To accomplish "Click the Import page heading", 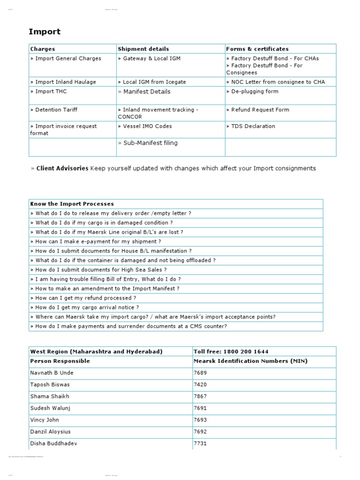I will [x=45, y=32].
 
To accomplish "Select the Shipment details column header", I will [x=143, y=49].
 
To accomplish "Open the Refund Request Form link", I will [x=260, y=110].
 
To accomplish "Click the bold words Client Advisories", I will [x=62, y=168].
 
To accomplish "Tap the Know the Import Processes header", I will [x=72, y=204].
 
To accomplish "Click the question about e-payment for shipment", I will [x=98, y=241].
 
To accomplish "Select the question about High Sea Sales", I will [x=101, y=270].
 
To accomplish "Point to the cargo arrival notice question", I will [x=87, y=307].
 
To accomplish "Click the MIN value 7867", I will [x=200, y=396].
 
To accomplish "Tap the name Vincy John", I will [x=45, y=420].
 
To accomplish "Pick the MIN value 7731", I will [x=200, y=443].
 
